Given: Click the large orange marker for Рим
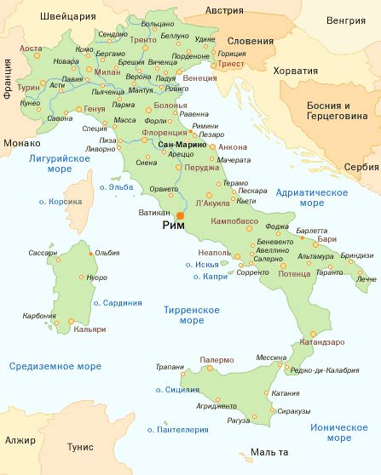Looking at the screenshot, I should pos(180,216).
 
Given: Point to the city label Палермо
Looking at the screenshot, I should pos(216,360).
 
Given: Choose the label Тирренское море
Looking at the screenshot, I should pos(191,316).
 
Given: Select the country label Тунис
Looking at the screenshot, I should pos(73,445).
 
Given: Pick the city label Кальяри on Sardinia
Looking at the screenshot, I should pos(90,329).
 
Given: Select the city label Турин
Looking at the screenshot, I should pos(28,88).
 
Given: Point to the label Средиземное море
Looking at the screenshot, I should pos(55,366).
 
